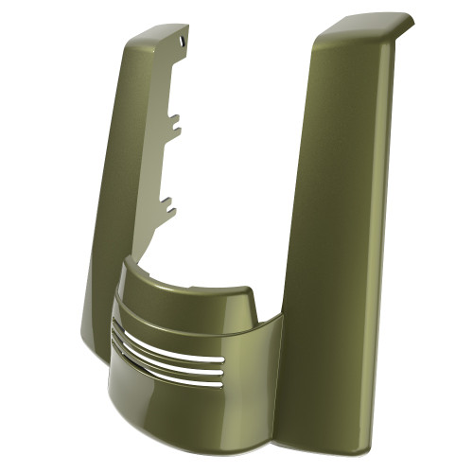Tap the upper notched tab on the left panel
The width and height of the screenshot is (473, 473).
174,123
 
